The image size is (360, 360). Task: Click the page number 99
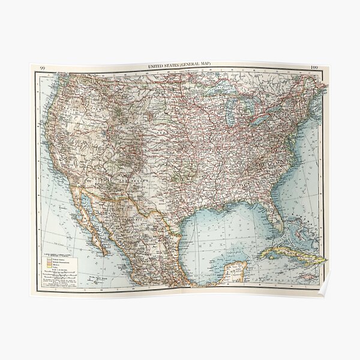[x=42, y=68]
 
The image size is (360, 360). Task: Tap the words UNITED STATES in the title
[x=163, y=66]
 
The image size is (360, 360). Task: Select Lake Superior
[x=223, y=92]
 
